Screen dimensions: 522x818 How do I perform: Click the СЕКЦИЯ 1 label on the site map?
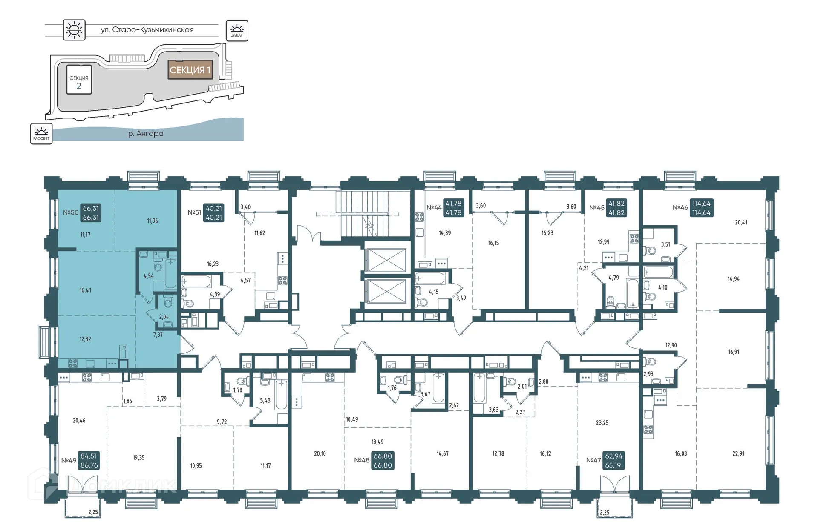pos(190,70)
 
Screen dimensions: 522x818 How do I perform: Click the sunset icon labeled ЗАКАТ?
pos(236,31)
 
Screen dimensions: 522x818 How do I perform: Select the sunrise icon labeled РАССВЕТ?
pos(41,134)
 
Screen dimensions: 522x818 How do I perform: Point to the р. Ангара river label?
pos(146,134)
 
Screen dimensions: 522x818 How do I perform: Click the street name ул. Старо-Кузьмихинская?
pos(147,30)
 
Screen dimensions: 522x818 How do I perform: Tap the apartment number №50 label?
pos(71,212)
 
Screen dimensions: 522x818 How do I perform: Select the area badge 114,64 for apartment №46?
pos(701,208)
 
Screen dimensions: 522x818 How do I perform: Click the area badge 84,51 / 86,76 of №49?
pos(89,461)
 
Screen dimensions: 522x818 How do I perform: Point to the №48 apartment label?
pos(362,460)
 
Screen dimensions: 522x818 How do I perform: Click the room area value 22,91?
pos(738,453)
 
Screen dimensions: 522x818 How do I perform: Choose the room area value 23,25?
pos(602,423)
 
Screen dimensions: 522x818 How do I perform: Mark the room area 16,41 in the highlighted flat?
pos(85,290)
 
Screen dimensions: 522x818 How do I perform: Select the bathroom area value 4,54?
pos(148,276)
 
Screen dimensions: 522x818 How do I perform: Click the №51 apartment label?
pos(194,212)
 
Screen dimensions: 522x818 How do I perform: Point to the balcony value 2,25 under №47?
pos(604,513)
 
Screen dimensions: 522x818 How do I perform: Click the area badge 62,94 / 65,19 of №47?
pos(613,460)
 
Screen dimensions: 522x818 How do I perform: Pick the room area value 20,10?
pos(320,453)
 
